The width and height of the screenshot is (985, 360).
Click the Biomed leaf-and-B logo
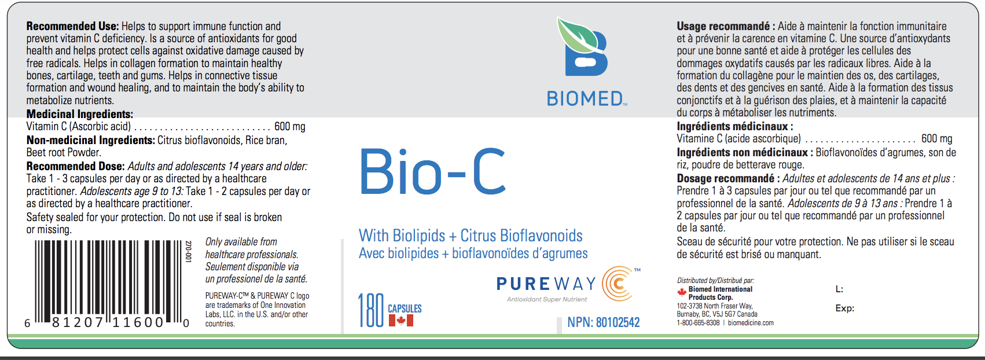[x=583, y=47]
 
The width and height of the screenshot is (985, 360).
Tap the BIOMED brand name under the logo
[x=585, y=99]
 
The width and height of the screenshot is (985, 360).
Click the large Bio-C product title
[x=433, y=172]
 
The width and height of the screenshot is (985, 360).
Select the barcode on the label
[x=108, y=284]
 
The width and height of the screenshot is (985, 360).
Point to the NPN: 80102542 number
[x=603, y=322]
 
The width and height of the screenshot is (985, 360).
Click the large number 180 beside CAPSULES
[x=371, y=311]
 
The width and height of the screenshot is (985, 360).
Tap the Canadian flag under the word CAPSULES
[x=400, y=321]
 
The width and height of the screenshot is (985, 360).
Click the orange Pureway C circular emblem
[x=618, y=284]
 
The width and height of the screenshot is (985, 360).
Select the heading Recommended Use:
[x=72, y=27]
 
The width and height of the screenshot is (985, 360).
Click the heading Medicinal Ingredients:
[x=80, y=114]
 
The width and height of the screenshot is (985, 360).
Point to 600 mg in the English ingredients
[x=290, y=127]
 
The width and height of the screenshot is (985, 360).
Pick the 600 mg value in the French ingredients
[x=936, y=139]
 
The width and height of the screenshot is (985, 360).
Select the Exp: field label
[x=845, y=308]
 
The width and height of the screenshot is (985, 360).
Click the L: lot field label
[x=839, y=289]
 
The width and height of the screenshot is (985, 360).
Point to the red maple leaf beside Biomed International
[x=682, y=292]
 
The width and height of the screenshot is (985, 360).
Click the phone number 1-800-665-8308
[x=699, y=322]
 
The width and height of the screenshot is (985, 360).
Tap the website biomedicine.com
[x=751, y=322]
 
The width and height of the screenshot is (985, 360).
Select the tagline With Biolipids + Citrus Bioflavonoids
[x=471, y=236]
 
